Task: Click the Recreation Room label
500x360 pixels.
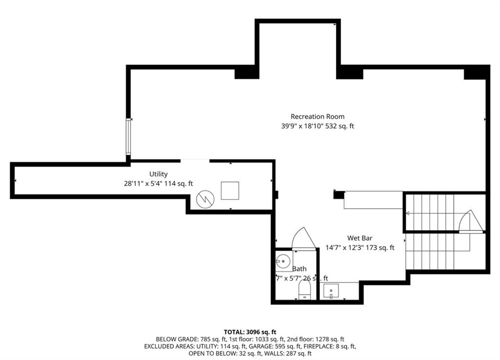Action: (x=317, y=117)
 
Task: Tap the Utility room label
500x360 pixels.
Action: (x=159, y=174)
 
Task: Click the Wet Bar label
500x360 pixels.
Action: (x=360, y=238)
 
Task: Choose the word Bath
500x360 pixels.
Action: (x=300, y=269)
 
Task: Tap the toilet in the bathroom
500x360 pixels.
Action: (x=304, y=292)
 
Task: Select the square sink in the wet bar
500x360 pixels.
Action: (x=331, y=292)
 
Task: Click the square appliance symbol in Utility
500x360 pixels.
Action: (x=229, y=190)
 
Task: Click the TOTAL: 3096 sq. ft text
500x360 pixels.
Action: (x=250, y=332)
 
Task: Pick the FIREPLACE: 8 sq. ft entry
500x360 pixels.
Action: (x=325, y=346)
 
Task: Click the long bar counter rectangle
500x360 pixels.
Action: (x=373, y=200)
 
